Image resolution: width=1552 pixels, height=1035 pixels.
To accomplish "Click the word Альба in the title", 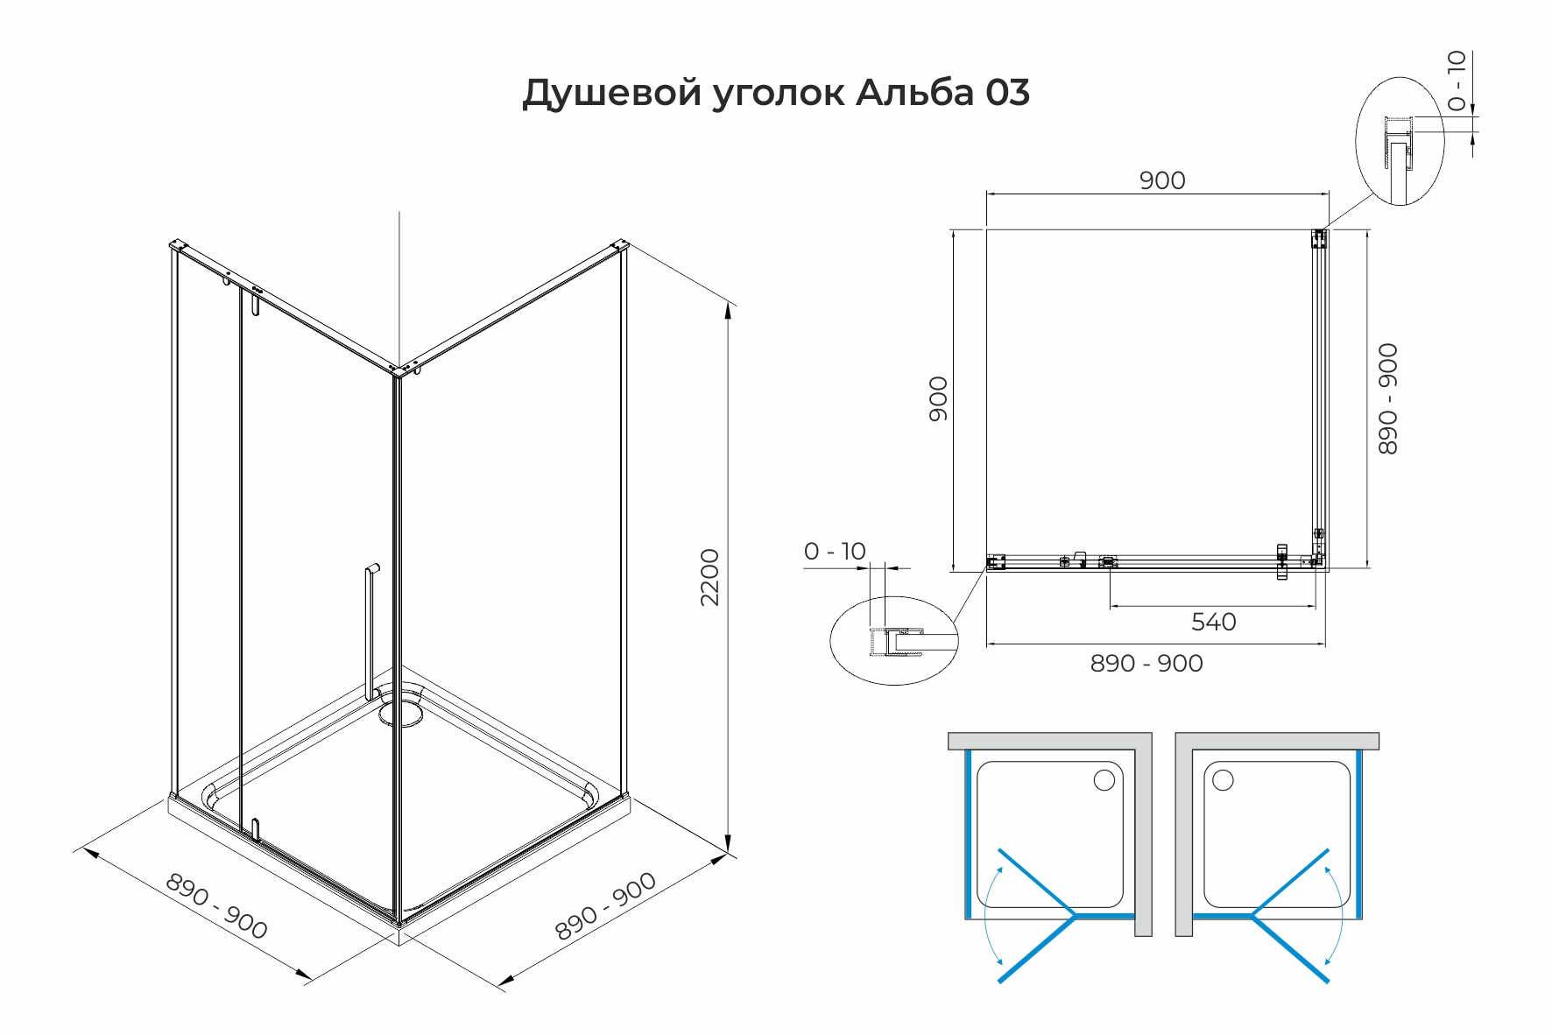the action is coord(914,92).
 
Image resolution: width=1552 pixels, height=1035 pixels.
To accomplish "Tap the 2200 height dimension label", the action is coord(710,577).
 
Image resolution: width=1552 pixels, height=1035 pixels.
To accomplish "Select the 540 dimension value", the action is coord(1213,622).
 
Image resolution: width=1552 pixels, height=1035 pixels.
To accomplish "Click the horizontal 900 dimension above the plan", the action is coord(1162,180).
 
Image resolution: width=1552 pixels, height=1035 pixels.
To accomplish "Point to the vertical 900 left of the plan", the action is coord(938,398).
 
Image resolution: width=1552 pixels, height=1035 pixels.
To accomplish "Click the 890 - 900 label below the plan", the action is coord(1146,664).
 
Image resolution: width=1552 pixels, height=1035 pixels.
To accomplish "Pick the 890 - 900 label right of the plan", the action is coord(1388,398).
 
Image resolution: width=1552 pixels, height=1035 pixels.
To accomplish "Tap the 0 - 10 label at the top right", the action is coord(1457,81).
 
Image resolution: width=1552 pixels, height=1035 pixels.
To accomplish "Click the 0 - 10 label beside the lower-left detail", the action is coord(835,551).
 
